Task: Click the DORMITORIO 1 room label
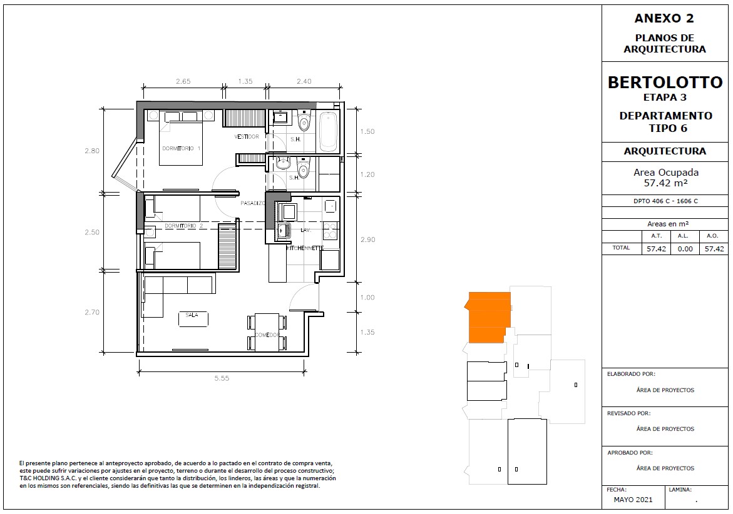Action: pyautogui.click(x=182, y=148)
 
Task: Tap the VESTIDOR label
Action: pyautogui.click(x=247, y=137)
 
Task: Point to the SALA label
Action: pyautogui.click(x=192, y=315)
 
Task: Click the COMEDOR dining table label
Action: pyautogui.click(x=267, y=335)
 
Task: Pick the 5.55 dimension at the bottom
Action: pyautogui.click(x=222, y=378)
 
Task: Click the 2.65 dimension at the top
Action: pyautogui.click(x=183, y=81)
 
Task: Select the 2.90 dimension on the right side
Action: pyautogui.click(x=367, y=239)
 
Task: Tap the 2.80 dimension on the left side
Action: pyautogui.click(x=92, y=151)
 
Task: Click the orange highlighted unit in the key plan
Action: pyautogui.click(x=487, y=318)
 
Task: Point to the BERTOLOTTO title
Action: pyautogui.click(x=665, y=83)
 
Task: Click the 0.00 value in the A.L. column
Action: pyautogui.click(x=685, y=249)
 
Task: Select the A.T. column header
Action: pyautogui.click(x=657, y=236)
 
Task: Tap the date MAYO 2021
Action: pyautogui.click(x=633, y=500)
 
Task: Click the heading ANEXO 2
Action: pyautogui.click(x=664, y=19)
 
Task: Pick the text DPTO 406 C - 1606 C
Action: pyautogui.click(x=665, y=201)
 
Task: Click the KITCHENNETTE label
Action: pyautogui.click(x=305, y=248)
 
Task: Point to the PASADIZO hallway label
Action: pyautogui.click(x=253, y=204)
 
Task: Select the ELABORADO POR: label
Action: pyautogui.click(x=631, y=374)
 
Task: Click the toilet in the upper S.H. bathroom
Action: pyautogui.click(x=304, y=121)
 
